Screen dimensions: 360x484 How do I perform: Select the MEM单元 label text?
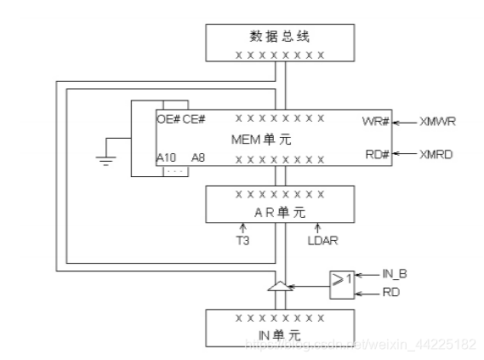[260, 139]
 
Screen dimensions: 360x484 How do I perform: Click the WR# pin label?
[375, 122]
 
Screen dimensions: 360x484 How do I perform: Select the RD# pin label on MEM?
[375, 154]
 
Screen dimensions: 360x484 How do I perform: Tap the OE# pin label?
[168, 120]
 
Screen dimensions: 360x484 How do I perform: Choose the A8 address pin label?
[197, 157]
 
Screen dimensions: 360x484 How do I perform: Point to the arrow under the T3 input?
[243, 228]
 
